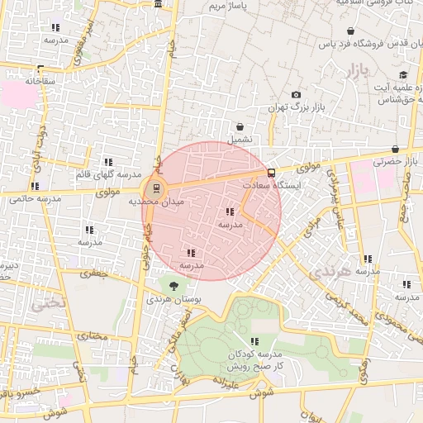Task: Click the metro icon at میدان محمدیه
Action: (x=158, y=187)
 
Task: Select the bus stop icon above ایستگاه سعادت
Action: (x=272, y=173)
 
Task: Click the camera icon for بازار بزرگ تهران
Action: (x=297, y=95)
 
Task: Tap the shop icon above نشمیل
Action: (x=240, y=127)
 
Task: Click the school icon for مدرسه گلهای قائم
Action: (x=107, y=162)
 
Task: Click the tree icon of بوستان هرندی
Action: (x=172, y=285)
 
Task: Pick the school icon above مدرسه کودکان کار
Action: (x=254, y=340)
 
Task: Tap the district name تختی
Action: (x=45, y=303)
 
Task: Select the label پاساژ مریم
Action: (x=227, y=6)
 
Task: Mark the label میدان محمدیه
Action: (x=158, y=201)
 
